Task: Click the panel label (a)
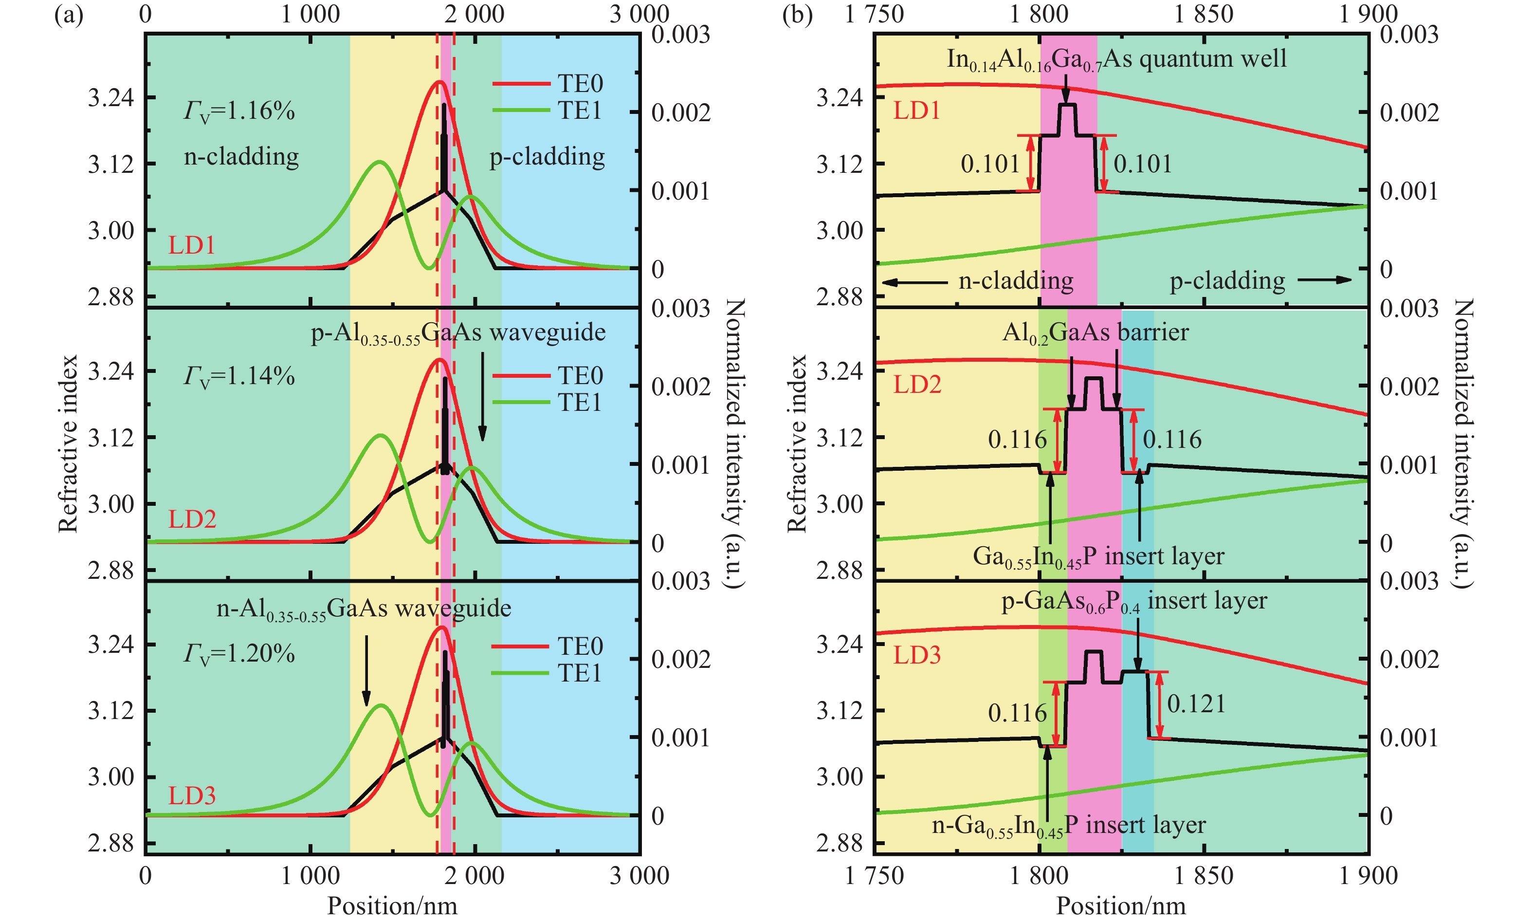[x=69, y=14]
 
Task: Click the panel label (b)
[x=797, y=14]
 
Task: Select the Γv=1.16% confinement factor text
[x=239, y=111]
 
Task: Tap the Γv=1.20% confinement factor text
[x=239, y=654]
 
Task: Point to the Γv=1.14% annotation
[x=239, y=376]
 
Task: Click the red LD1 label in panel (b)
[x=916, y=111]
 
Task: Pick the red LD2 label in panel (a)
[x=192, y=519]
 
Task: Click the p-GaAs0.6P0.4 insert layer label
[x=1133, y=601]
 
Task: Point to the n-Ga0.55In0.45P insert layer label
[x=1068, y=826]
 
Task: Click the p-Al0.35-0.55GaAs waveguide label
[x=458, y=333]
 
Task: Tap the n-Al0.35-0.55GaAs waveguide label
[x=364, y=609]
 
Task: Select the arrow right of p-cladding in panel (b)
[x=1324, y=280]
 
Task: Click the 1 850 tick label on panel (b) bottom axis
[x=1204, y=876]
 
